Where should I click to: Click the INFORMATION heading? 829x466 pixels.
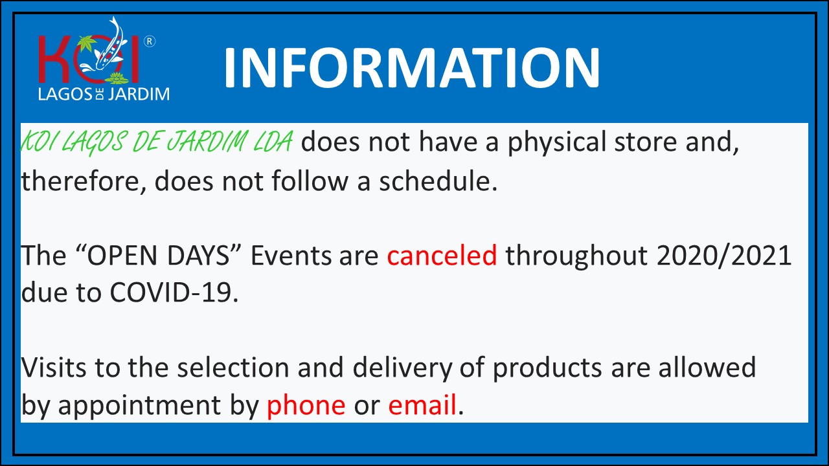[411, 68]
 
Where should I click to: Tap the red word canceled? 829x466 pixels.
[442, 255]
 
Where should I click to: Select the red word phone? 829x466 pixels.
[306, 406]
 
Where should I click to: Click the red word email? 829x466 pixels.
[422, 405]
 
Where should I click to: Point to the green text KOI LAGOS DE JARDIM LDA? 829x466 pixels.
[157, 142]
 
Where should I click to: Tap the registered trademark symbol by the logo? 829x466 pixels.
[150, 41]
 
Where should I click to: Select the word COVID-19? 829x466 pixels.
[174, 293]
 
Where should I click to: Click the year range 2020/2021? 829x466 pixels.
[724, 256]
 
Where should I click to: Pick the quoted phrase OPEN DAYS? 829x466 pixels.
[162, 255]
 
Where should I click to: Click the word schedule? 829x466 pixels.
[438, 181]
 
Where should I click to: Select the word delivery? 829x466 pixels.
[402, 368]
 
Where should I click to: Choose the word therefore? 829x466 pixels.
[82, 181]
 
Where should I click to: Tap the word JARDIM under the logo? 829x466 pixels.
[139, 94]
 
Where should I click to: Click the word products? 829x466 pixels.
[547, 369]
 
